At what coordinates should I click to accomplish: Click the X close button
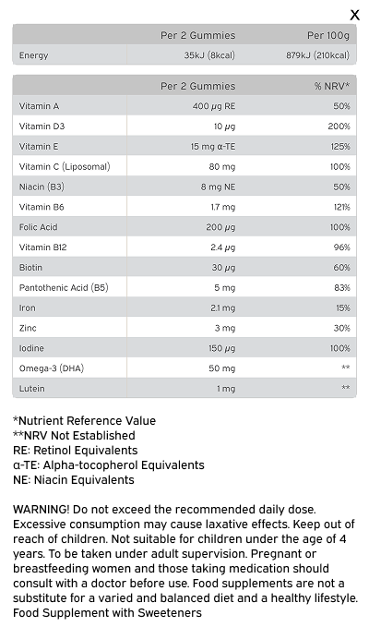tap(355, 15)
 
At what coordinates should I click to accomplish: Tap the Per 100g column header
tap(328, 35)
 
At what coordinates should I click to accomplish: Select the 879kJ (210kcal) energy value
tap(317, 55)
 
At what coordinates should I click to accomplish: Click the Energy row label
tap(33, 55)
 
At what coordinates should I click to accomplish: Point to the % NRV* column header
tap(332, 86)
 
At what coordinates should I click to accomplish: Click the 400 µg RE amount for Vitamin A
tap(214, 106)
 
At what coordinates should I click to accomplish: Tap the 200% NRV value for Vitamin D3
tap(339, 127)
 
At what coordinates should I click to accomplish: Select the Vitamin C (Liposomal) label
tap(65, 167)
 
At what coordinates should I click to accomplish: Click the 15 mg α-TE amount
tap(213, 146)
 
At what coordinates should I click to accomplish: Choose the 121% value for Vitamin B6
tap(341, 207)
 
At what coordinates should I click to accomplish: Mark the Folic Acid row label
tap(39, 227)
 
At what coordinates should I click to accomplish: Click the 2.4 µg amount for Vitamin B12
tap(223, 247)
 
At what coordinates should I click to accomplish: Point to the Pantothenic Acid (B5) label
tap(64, 288)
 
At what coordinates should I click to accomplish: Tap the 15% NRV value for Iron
tap(343, 307)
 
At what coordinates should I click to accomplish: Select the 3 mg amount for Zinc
tap(225, 328)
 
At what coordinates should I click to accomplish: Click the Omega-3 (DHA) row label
tap(52, 368)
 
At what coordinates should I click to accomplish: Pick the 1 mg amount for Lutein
tap(226, 389)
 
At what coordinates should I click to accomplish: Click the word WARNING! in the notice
tap(42, 510)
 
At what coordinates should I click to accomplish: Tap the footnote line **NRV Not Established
tap(74, 435)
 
